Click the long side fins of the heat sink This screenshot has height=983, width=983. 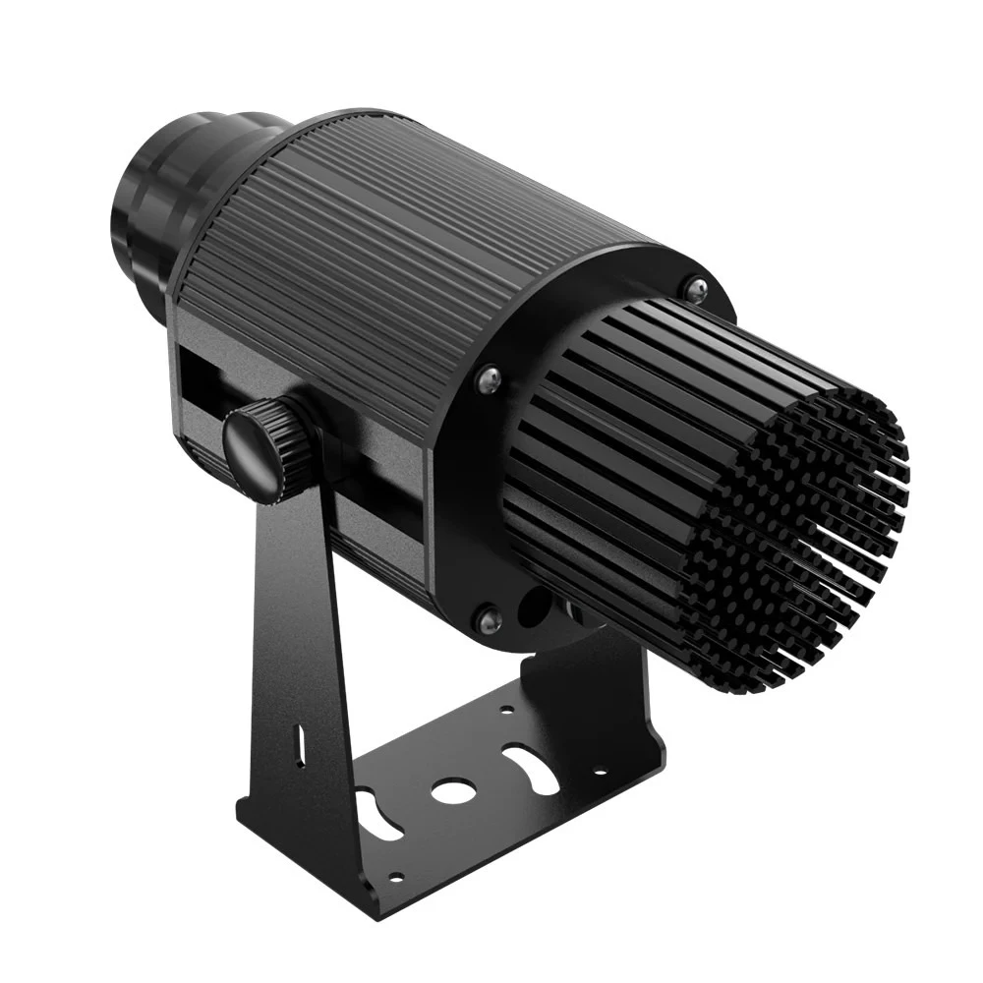(x=629, y=413)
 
